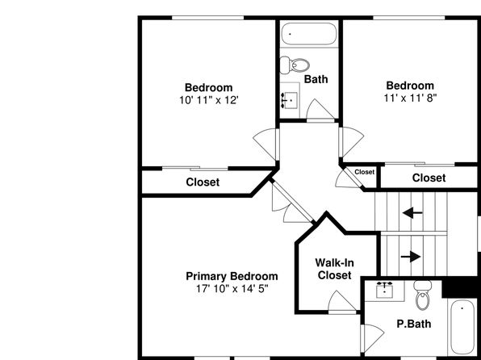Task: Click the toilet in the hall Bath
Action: click(x=295, y=65)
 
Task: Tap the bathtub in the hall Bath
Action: click(x=309, y=34)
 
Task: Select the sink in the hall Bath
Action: click(x=290, y=100)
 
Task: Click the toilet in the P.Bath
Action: click(x=423, y=295)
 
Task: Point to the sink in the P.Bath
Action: click(x=385, y=290)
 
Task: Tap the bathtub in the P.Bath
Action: click(x=463, y=327)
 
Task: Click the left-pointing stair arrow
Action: click(x=412, y=212)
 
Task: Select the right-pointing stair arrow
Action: click(x=411, y=256)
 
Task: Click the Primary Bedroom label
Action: click(x=232, y=276)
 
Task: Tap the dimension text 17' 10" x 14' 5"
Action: click(x=232, y=289)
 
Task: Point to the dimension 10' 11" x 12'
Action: click(x=209, y=100)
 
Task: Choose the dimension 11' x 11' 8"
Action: click(x=410, y=98)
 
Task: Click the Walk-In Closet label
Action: click(x=334, y=269)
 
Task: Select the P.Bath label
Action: click(x=414, y=324)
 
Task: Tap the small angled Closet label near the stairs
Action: click(x=365, y=172)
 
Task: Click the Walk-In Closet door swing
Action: click(x=341, y=301)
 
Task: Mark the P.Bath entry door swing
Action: click(x=373, y=337)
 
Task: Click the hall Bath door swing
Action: click(x=320, y=110)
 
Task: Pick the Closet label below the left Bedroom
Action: click(x=203, y=182)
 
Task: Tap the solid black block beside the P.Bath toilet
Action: click(x=461, y=287)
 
